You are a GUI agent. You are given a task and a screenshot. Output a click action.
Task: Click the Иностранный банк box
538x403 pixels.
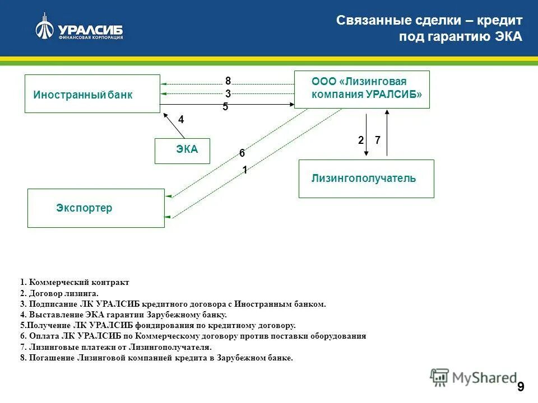(x=92, y=93)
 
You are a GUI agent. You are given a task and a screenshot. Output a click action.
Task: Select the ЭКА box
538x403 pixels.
(x=182, y=151)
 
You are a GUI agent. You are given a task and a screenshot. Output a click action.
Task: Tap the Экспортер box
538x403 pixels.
(x=96, y=208)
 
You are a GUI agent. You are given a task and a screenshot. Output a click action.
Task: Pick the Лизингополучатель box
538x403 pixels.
(x=366, y=179)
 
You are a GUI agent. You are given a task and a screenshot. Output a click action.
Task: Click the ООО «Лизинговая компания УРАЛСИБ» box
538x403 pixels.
(x=362, y=89)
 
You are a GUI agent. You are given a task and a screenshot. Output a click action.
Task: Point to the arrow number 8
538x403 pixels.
(x=228, y=81)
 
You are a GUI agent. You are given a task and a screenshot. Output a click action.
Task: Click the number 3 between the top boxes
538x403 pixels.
(x=228, y=94)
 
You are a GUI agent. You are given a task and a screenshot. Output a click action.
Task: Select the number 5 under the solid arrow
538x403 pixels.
(x=225, y=107)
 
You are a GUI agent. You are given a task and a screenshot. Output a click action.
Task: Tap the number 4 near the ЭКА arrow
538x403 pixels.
(x=181, y=120)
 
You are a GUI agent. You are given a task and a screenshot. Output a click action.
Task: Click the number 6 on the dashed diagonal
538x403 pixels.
(x=242, y=153)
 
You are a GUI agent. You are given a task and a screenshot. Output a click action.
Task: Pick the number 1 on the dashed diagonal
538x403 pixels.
(x=245, y=170)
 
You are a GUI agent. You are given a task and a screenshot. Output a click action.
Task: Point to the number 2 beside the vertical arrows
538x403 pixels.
(x=361, y=141)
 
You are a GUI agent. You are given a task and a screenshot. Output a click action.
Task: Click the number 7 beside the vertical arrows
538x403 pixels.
(x=378, y=141)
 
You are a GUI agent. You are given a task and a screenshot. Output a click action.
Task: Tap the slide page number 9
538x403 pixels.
(x=521, y=387)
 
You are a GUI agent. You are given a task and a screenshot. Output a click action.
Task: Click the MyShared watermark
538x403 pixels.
(x=474, y=378)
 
